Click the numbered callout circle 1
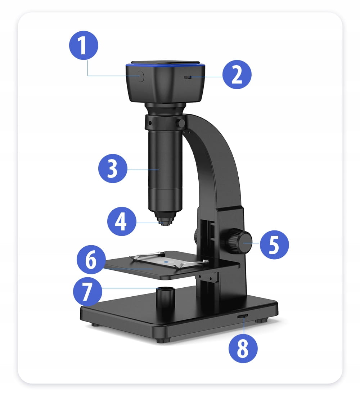pyautogui.click(x=84, y=45)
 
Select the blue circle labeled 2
pyautogui.click(x=237, y=75)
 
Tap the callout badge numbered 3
pyautogui.click(x=113, y=169)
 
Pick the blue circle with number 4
pyautogui.click(x=122, y=221)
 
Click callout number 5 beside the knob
pyautogui.click(x=274, y=244)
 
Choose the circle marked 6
pyautogui.click(x=91, y=260)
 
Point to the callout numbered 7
pyautogui.click(x=87, y=291)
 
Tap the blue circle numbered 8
pyautogui.click(x=243, y=348)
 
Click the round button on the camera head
pyautogui.click(x=140, y=77)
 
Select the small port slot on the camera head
pyautogui.click(x=188, y=77)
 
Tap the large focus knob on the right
pyautogui.click(x=239, y=242)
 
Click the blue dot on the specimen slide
pyautogui.click(x=166, y=261)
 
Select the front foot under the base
pyautogui.click(x=163, y=340)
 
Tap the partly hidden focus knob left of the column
pyautogui.click(x=196, y=237)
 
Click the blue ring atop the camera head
pyautogui.click(x=165, y=66)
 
